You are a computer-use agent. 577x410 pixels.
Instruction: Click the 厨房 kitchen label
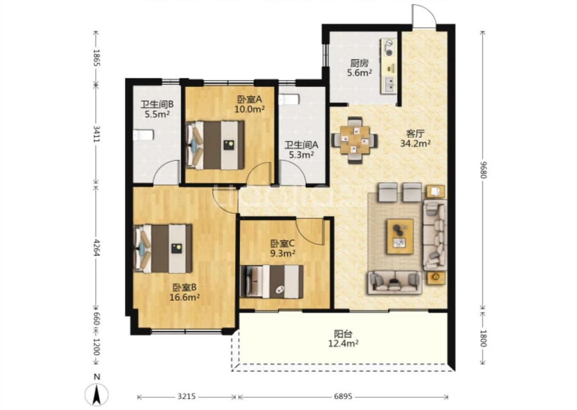360,68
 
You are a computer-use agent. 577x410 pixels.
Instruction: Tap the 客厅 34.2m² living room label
415,138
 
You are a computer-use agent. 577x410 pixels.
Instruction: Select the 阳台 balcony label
343,339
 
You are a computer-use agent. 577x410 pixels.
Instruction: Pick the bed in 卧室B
163,249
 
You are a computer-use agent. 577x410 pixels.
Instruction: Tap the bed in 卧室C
271,281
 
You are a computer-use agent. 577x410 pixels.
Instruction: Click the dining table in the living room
355,140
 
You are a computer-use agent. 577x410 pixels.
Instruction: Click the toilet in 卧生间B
143,135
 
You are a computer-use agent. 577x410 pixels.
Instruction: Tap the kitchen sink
389,84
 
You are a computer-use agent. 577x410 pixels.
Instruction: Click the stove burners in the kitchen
388,48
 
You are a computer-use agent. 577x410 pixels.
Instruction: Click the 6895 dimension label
343,396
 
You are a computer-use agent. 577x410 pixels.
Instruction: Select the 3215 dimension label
187,396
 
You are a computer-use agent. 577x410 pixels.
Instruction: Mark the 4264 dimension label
96,248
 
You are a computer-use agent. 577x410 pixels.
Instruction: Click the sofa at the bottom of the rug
394,282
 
